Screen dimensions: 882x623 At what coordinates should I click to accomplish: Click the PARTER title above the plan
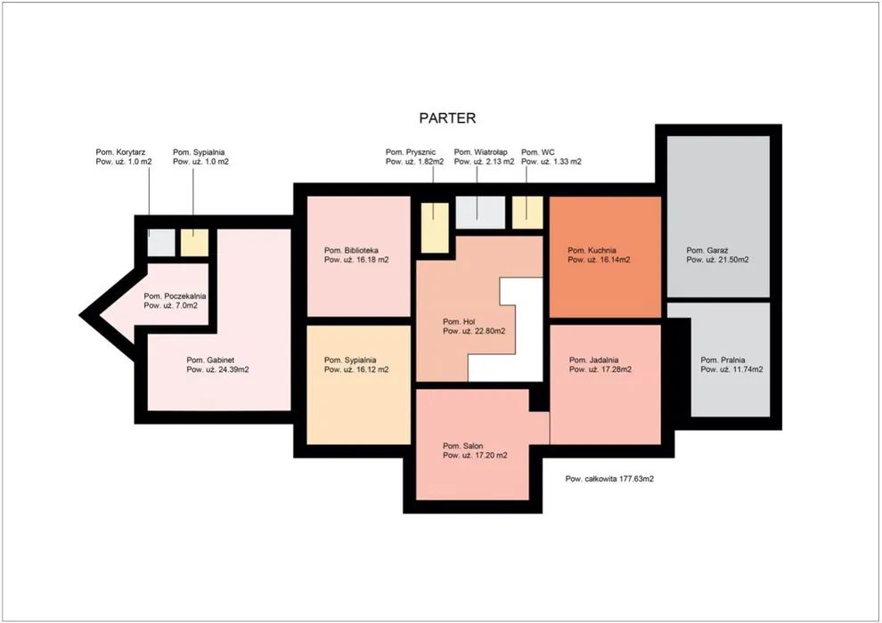(x=447, y=118)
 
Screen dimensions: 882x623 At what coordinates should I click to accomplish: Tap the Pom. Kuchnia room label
(x=599, y=255)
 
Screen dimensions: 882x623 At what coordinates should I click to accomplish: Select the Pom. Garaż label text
(x=717, y=255)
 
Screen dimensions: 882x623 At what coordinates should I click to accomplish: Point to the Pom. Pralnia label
(x=731, y=365)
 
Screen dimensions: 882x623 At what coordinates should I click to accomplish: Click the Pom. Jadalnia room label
(x=600, y=365)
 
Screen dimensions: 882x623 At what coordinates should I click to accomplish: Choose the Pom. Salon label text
(x=475, y=450)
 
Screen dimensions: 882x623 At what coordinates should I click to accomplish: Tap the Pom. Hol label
(x=474, y=327)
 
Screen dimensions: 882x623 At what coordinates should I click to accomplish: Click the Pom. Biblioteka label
(x=356, y=255)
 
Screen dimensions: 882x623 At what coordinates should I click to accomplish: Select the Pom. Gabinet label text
(x=217, y=365)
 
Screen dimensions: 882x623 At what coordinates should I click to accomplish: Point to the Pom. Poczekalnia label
(x=175, y=301)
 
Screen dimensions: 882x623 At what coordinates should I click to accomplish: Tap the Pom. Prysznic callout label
(x=414, y=157)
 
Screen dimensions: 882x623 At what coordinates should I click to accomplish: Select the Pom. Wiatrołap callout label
(x=484, y=157)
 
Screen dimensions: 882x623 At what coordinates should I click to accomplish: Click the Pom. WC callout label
(x=551, y=157)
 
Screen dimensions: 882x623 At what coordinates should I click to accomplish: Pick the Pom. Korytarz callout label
(x=124, y=157)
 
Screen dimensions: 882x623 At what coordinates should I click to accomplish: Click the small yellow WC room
(x=527, y=213)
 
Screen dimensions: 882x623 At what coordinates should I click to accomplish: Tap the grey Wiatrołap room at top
(x=480, y=213)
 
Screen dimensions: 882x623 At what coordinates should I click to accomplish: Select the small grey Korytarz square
(x=161, y=243)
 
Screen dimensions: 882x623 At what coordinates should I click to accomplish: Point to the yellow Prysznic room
(x=435, y=228)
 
